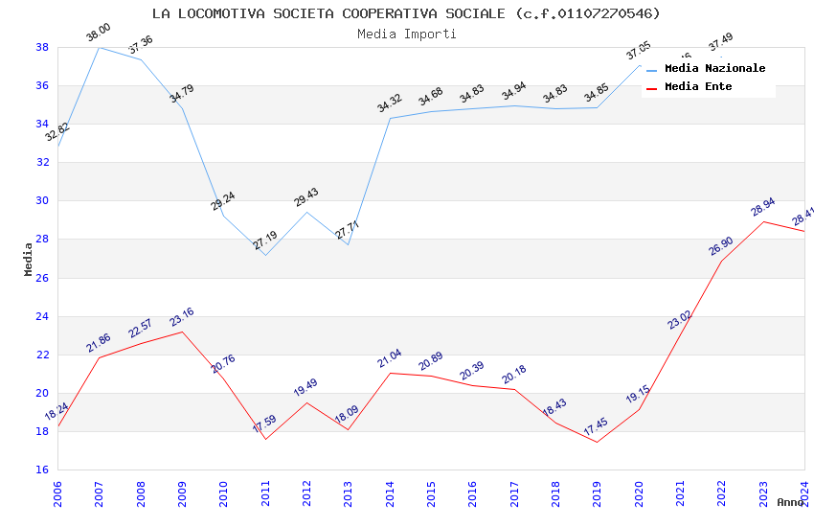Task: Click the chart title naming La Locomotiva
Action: [406, 13]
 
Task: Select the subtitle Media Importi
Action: [406, 34]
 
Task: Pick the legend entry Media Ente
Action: [698, 87]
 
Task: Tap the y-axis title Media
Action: [29, 259]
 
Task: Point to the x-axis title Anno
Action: [790, 502]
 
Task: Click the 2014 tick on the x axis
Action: [390, 492]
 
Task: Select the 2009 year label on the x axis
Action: [182, 492]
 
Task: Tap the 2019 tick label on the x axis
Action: [597, 492]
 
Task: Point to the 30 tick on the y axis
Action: [43, 201]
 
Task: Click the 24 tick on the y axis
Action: [43, 316]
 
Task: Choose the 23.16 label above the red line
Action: [181, 317]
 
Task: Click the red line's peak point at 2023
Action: [763, 221]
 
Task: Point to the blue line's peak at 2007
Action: [99, 47]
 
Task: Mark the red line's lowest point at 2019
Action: [597, 442]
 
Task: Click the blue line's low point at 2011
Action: [265, 255]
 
